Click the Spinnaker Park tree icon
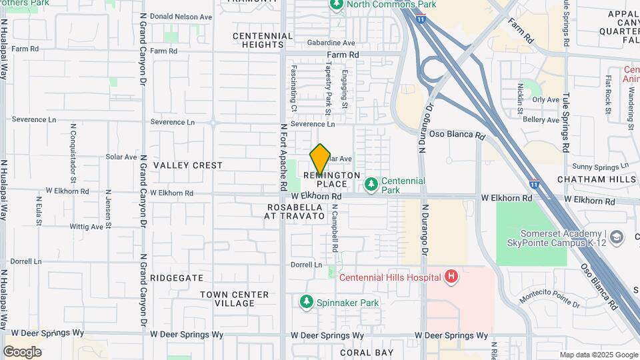307,303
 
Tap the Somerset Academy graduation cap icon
617,237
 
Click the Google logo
22,351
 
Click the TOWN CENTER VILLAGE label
234,299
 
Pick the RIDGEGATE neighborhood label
176,277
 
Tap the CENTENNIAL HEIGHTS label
263,40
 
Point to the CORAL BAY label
367,352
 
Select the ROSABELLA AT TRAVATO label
294,212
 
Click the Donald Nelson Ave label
181,17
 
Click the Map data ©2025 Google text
597,355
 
